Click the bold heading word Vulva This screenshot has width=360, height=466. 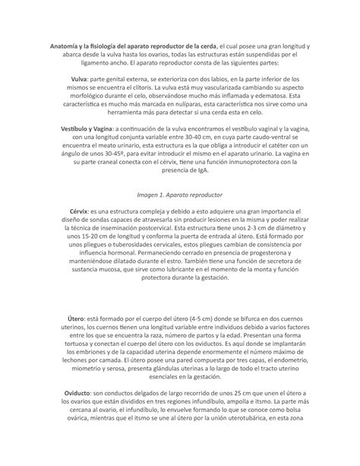tap(80, 77)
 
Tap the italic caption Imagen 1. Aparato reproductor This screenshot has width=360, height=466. tap(180, 195)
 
